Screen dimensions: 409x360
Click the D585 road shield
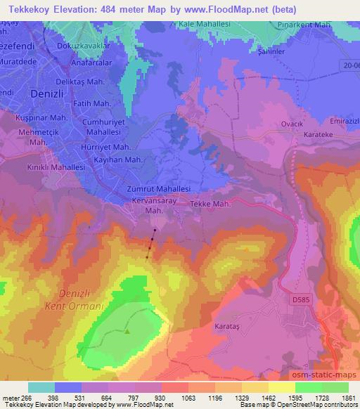[300, 299]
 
